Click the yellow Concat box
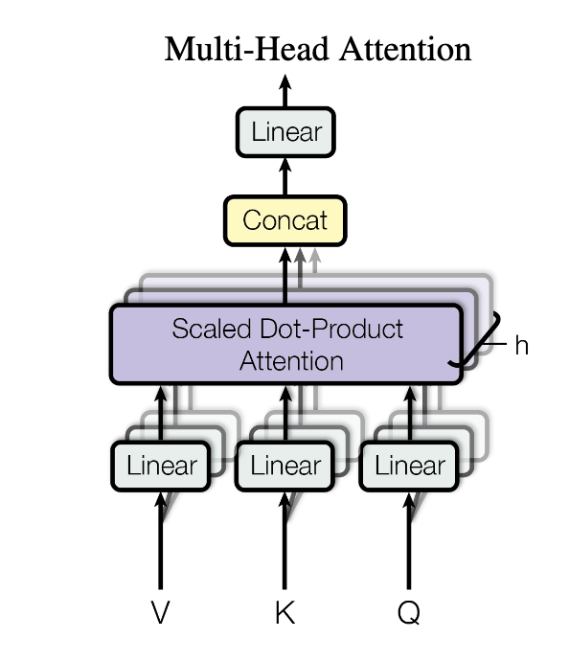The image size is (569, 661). point(284,220)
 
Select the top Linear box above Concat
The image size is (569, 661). point(285,132)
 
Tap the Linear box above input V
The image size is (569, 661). point(161,466)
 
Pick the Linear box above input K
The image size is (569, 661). point(284,466)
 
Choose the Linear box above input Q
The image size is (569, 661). point(409,466)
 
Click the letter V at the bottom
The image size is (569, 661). point(160,612)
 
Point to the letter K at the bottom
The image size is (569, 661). point(284,612)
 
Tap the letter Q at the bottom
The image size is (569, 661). point(409,612)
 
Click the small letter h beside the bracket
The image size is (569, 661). point(521,345)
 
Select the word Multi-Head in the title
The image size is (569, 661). point(246,49)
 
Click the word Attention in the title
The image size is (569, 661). point(406,49)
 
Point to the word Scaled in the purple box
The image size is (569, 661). point(212,329)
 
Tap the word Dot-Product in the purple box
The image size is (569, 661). point(331,329)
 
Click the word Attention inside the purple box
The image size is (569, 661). point(291,361)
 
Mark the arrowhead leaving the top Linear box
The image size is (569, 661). point(285,81)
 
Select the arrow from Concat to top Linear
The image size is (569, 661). point(285,176)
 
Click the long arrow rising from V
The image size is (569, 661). point(161,540)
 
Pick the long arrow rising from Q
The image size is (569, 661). point(409,540)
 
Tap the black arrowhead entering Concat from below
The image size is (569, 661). point(285,255)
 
